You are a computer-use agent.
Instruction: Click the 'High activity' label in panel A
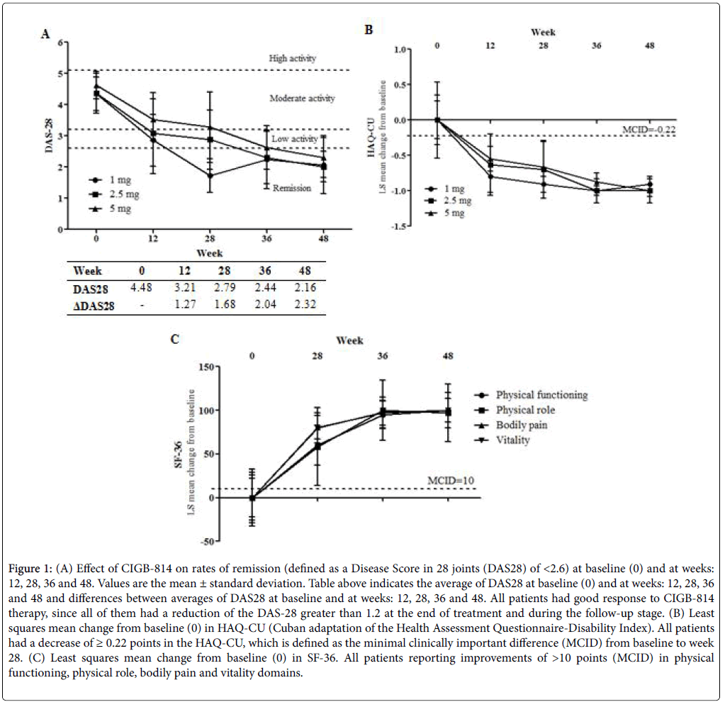pyautogui.click(x=293, y=58)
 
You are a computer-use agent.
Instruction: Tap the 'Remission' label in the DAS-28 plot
pyautogui.click(x=292, y=189)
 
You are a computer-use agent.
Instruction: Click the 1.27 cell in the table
pyautogui.click(x=183, y=304)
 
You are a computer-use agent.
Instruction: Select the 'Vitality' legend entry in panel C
pyautogui.click(x=513, y=440)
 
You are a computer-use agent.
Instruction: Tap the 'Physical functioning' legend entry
pyautogui.click(x=541, y=395)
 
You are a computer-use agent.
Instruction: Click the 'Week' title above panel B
pyautogui.click(x=544, y=32)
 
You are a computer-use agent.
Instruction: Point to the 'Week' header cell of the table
pyautogui.click(x=88, y=272)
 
